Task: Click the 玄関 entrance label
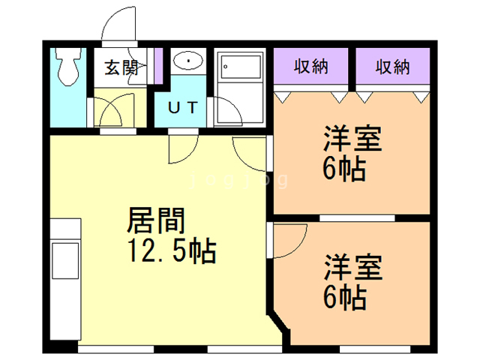pos(120,67)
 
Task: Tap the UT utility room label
pos(183,107)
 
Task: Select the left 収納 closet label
pos(310,67)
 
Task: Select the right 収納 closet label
pos(392,67)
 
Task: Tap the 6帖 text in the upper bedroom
pos(344,169)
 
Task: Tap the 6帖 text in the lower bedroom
pos(344,298)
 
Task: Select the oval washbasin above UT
pos(187,59)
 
